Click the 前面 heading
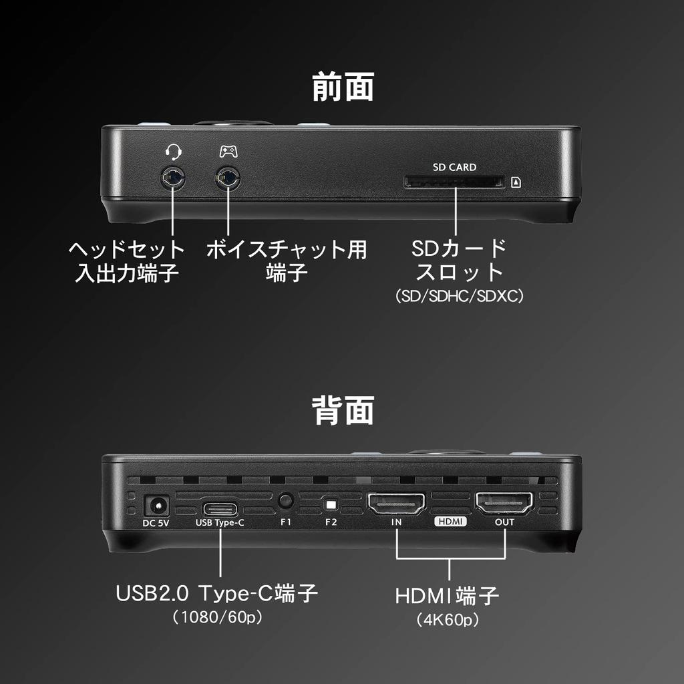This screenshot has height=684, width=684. coord(343,88)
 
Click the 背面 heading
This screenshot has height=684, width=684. coord(343,410)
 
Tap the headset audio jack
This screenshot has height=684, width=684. coord(173,178)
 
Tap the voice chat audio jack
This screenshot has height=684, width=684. coord(228,178)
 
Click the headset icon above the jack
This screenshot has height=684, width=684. coord(173,152)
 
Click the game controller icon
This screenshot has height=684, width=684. coord(228,152)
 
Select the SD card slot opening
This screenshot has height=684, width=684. coord(454,181)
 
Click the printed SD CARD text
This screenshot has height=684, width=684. coord(454,167)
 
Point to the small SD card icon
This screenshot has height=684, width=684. coord(516,182)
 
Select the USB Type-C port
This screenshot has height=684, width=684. coord(219,506)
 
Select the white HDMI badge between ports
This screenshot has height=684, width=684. coord(450,522)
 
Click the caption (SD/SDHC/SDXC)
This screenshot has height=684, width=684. coord(459,295)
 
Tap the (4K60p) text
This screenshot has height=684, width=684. coord(448,620)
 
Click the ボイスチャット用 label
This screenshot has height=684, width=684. coord(286,250)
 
